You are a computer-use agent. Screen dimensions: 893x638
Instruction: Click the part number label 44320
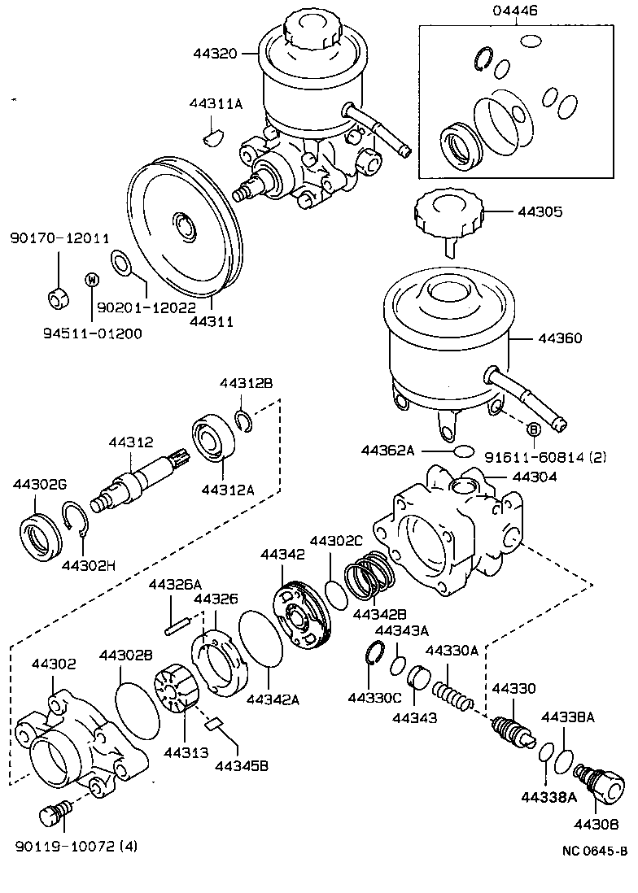215,54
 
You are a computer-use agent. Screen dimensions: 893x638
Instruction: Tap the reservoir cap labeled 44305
448,214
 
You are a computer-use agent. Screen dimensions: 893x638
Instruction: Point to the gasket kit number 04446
515,11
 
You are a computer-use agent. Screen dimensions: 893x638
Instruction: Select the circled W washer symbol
92,280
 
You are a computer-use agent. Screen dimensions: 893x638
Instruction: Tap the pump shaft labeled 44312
138,483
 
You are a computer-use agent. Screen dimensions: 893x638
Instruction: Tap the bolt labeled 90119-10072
55,814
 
